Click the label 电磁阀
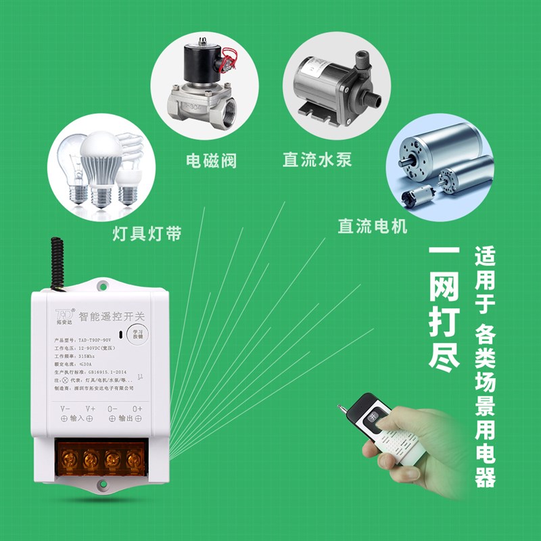[211, 161]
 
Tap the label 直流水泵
[317, 160]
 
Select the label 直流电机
[373, 226]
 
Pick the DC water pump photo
[331, 88]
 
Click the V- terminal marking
[66, 408]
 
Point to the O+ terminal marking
[137, 408]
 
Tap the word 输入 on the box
[77, 419]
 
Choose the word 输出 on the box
[126, 419]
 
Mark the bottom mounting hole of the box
[101, 484]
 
